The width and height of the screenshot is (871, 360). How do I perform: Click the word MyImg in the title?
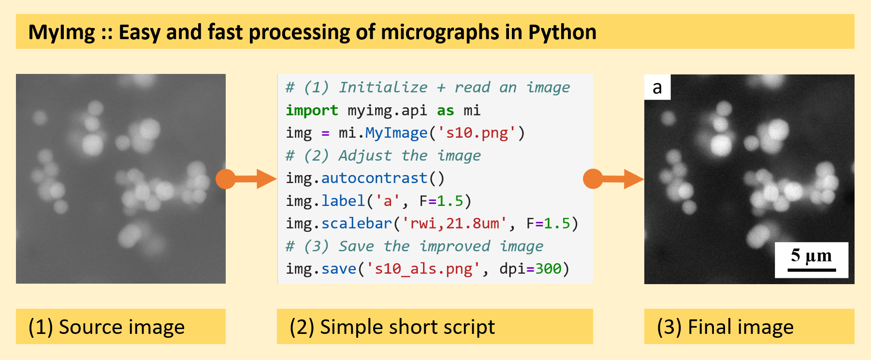click(62, 33)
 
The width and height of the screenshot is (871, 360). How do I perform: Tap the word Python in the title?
click(562, 33)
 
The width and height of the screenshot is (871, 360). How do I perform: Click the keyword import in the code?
click(312, 110)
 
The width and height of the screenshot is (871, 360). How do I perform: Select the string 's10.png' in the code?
click(477, 133)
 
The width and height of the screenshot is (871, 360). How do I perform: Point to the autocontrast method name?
click(375, 178)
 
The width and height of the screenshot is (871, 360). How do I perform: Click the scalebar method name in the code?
click(357, 223)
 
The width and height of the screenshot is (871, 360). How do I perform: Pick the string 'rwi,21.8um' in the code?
click(455, 223)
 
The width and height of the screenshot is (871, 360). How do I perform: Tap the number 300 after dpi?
click(548, 269)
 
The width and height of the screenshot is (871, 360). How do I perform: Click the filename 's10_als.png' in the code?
click(423, 269)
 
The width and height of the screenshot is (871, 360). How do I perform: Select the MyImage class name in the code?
click(396, 133)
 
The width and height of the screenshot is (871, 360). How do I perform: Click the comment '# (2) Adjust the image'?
click(383, 156)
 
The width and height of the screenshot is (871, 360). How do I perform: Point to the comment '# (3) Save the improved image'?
click(414, 246)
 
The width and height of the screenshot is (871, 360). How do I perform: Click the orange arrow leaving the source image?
click(246, 179)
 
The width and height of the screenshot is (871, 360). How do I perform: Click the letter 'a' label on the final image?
click(657, 87)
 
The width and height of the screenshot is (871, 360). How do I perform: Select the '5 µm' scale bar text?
click(812, 255)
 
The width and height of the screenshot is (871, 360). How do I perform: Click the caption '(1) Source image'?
click(106, 327)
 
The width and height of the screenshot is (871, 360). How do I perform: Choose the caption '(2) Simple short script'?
click(392, 327)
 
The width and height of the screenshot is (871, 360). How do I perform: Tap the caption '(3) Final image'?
click(725, 327)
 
